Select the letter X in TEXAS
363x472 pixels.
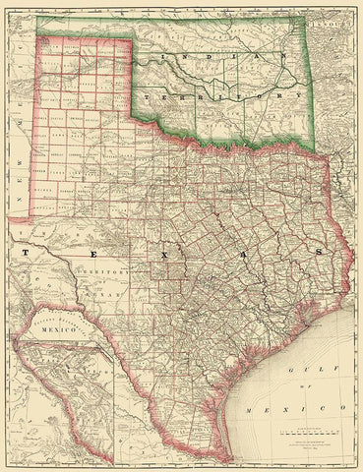(168, 252)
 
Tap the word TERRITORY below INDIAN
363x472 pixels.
(220, 97)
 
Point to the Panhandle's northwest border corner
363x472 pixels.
(36, 37)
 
